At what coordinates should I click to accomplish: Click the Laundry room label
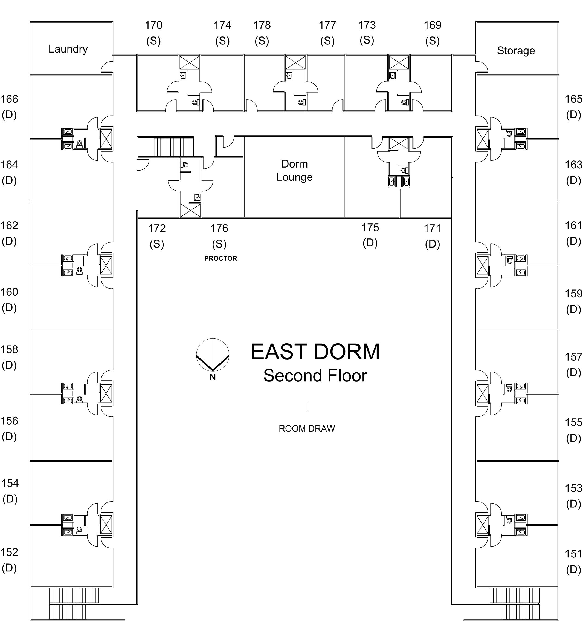[68, 49]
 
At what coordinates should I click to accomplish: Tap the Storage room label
[516, 51]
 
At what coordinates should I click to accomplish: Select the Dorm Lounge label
[294, 171]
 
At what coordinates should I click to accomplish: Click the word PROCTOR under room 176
[221, 258]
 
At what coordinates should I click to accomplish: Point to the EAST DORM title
[315, 352]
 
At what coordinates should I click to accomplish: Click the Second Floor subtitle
[315, 375]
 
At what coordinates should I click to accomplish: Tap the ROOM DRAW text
[306, 428]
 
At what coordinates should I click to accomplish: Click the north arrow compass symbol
[213, 355]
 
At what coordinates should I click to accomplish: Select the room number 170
[153, 25]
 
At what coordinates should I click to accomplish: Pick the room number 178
[262, 25]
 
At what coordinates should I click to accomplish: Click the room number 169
[432, 25]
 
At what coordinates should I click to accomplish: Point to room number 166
[9, 99]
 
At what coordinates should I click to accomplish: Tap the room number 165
[573, 99]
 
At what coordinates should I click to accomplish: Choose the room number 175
[370, 228]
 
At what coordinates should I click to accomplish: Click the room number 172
[157, 228]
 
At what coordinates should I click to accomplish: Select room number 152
[9, 552]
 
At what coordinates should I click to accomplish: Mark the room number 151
[573, 554]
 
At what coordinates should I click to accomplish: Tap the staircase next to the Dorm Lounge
[173, 146]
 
